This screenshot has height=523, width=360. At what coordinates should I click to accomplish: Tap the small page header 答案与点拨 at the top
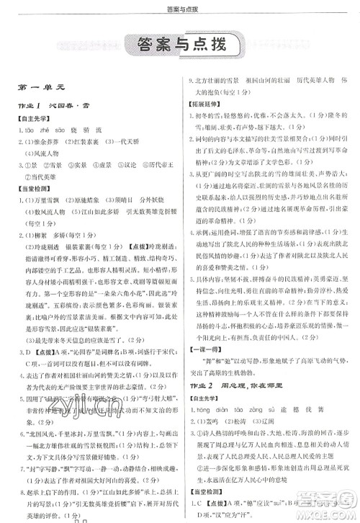(180, 6)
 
